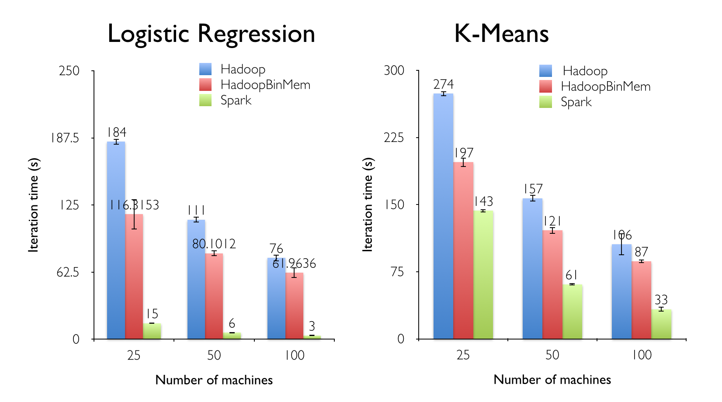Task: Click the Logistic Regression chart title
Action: (x=211, y=34)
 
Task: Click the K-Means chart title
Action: (x=501, y=34)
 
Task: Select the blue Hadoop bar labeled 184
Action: (x=116, y=240)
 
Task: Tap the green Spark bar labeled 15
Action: (x=152, y=331)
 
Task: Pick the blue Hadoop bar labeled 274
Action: (x=443, y=216)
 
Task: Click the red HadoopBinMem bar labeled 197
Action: (x=463, y=250)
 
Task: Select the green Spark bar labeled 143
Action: (x=483, y=274)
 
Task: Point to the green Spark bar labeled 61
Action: (x=572, y=312)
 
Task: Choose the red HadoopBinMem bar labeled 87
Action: (x=641, y=300)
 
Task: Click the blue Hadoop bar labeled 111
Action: (x=196, y=279)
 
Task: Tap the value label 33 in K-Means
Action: (x=661, y=300)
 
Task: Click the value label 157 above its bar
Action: (x=533, y=189)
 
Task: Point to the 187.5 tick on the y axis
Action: (x=65, y=139)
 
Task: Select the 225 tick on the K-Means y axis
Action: (x=394, y=138)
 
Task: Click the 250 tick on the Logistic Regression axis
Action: (x=69, y=71)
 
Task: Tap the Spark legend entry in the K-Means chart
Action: (x=576, y=102)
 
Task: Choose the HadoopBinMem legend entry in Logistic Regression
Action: (x=265, y=85)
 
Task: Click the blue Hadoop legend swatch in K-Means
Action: (x=545, y=71)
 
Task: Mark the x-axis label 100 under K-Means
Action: (x=642, y=355)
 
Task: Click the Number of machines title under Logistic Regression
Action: (x=214, y=380)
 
